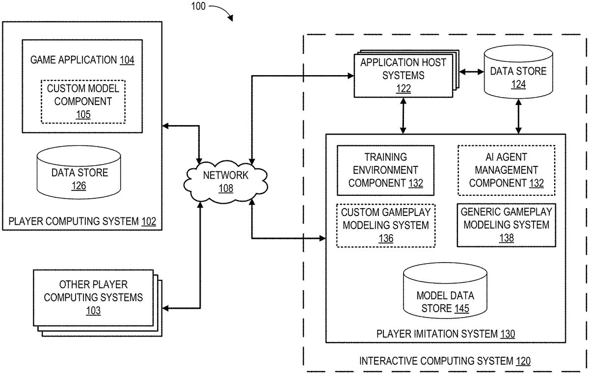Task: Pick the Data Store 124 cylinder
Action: point(518,74)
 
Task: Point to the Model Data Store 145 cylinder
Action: point(445,294)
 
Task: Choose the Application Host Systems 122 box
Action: point(403,74)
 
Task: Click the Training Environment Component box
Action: point(385,170)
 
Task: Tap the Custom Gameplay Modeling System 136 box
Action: point(385,225)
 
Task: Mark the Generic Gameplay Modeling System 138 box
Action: point(507,225)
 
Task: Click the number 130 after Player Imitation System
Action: point(508,334)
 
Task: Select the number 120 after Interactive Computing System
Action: point(523,361)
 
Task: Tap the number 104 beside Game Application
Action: point(127,60)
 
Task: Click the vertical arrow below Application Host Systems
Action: point(403,115)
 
